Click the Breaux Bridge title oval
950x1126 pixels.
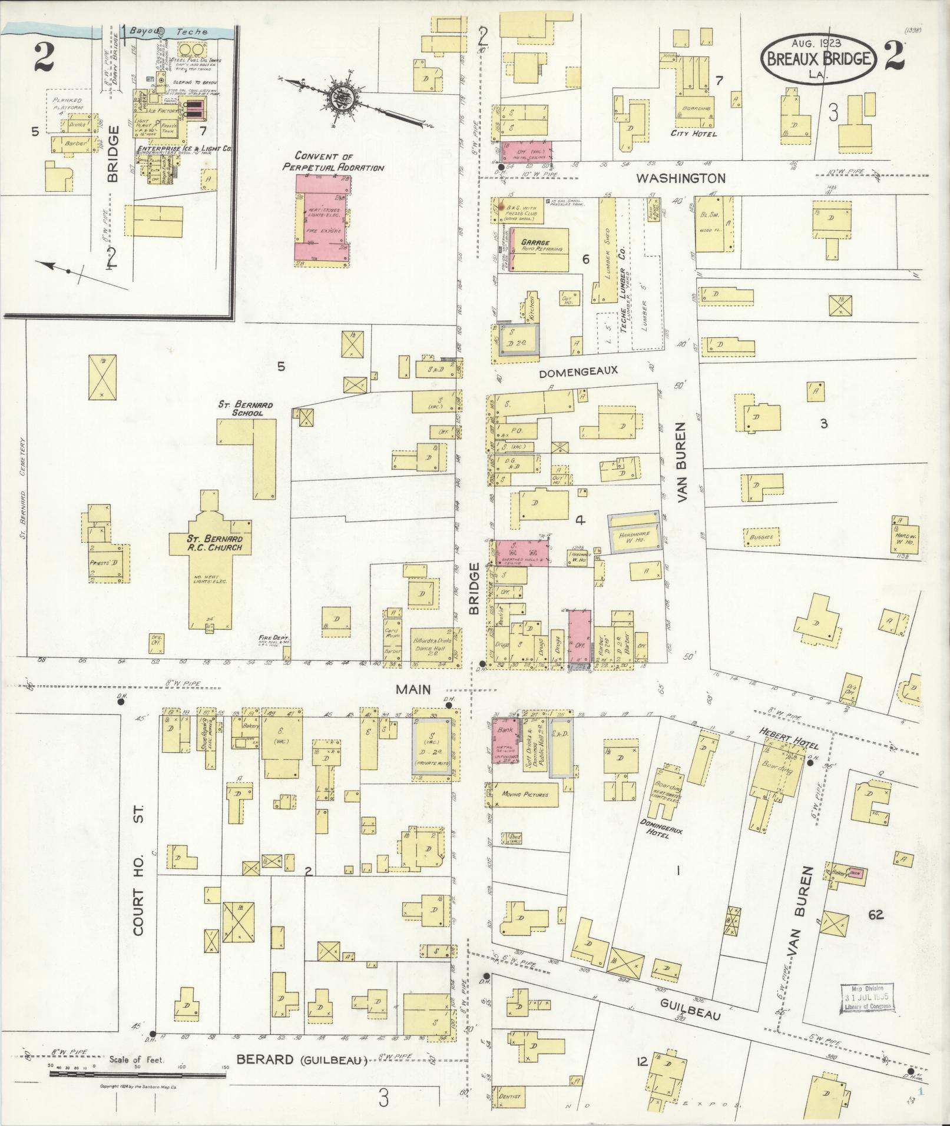(x=819, y=57)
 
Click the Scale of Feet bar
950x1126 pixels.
(x=137, y=1074)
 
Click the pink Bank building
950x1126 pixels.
(x=504, y=739)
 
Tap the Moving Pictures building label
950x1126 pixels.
(x=524, y=794)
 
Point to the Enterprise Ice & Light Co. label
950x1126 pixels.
(x=183, y=149)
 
